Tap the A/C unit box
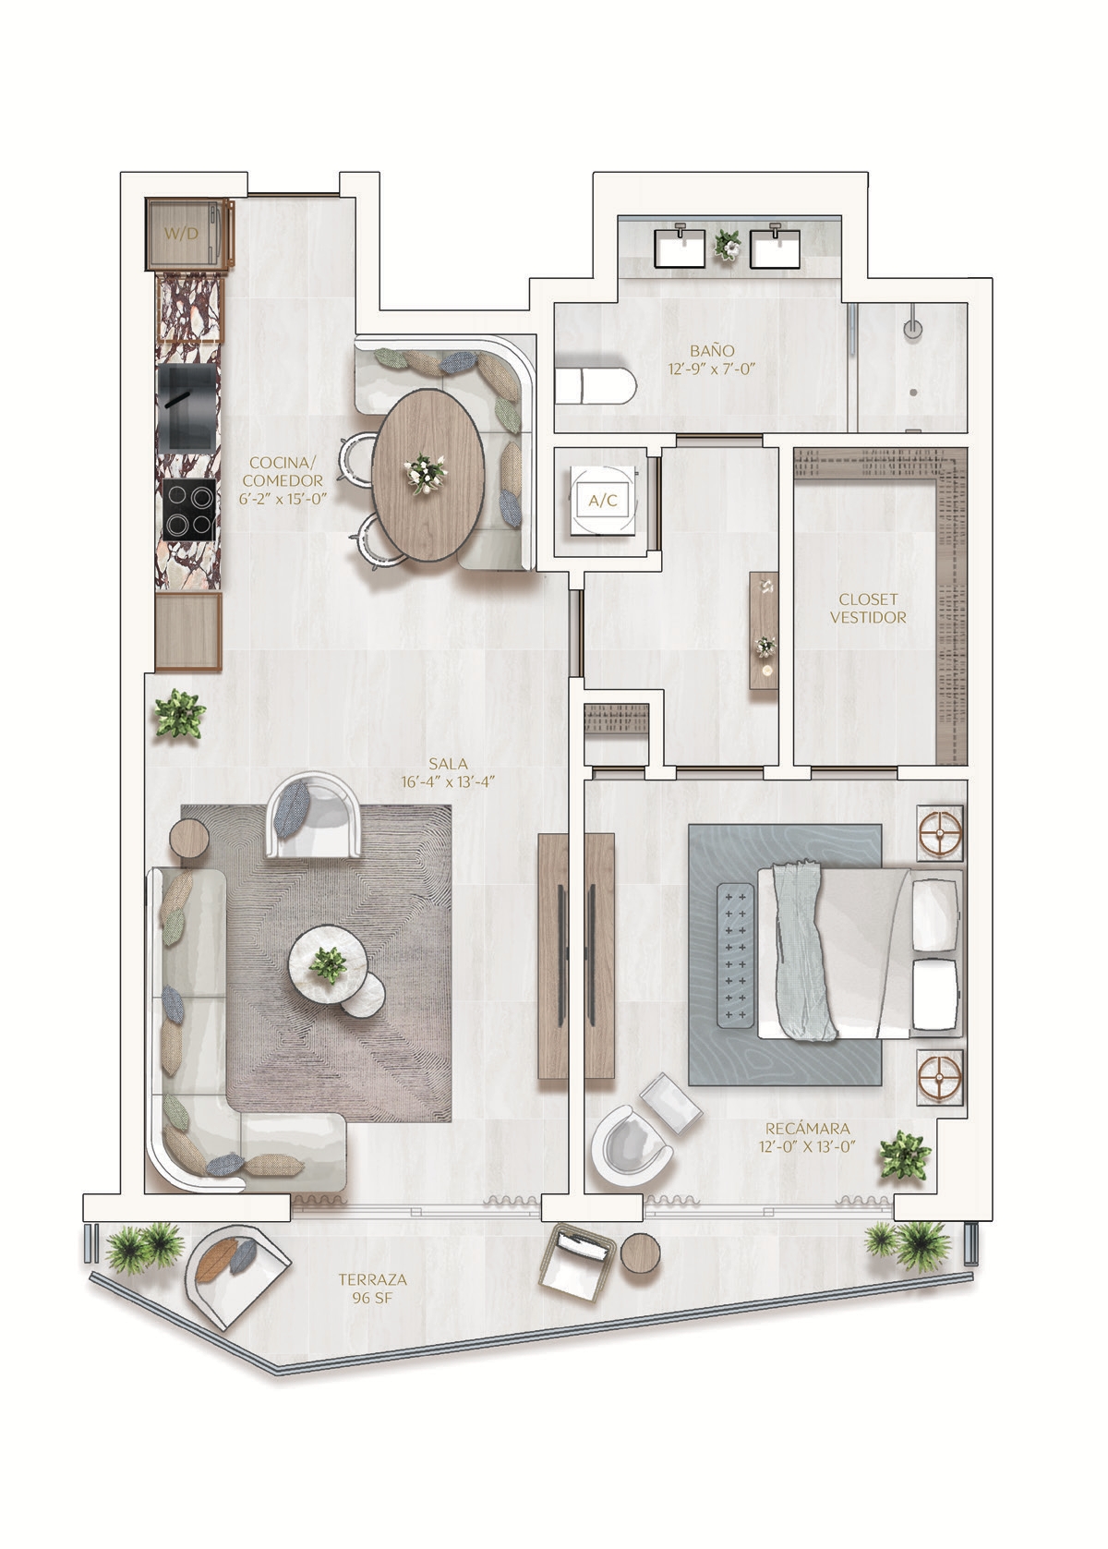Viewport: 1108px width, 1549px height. pyautogui.click(x=602, y=501)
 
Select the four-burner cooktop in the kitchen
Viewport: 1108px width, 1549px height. pyautogui.click(x=188, y=510)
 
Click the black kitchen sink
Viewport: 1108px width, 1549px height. pyautogui.click(x=187, y=408)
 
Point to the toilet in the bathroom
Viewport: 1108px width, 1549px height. pyautogui.click(x=596, y=387)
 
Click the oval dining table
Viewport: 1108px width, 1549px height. pyautogui.click(x=428, y=475)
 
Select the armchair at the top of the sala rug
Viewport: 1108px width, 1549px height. pyautogui.click(x=313, y=817)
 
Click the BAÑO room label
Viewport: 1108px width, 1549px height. pyautogui.click(x=711, y=351)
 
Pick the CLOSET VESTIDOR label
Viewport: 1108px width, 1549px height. pyautogui.click(x=868, y=609)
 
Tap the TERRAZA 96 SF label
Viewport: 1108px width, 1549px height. pyautogui.click(x=372, y=1289)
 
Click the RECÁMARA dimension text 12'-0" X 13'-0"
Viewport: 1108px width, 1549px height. pyautogui.click(x=807, y=1146)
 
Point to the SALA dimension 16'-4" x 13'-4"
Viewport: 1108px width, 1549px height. pyautogui.click(x=448, y=782)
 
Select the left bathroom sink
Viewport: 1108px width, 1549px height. pyautogui.click(x=680, y=247)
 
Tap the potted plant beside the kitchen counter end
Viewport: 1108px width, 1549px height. pyautogui.click(x=180, y=714)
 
